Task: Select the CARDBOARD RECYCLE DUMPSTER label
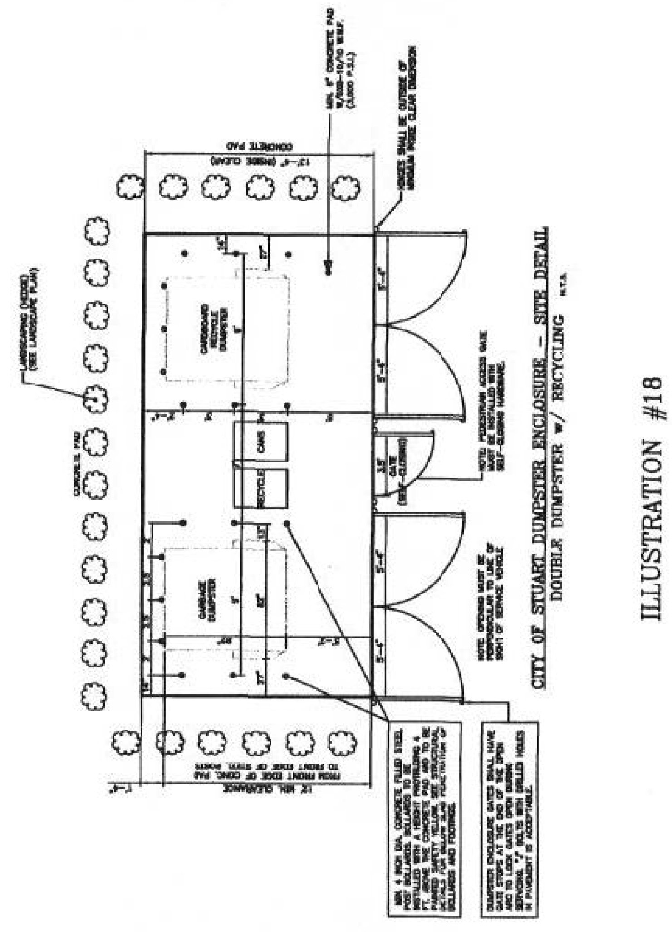[211, 327]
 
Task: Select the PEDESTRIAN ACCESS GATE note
[492, 402]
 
